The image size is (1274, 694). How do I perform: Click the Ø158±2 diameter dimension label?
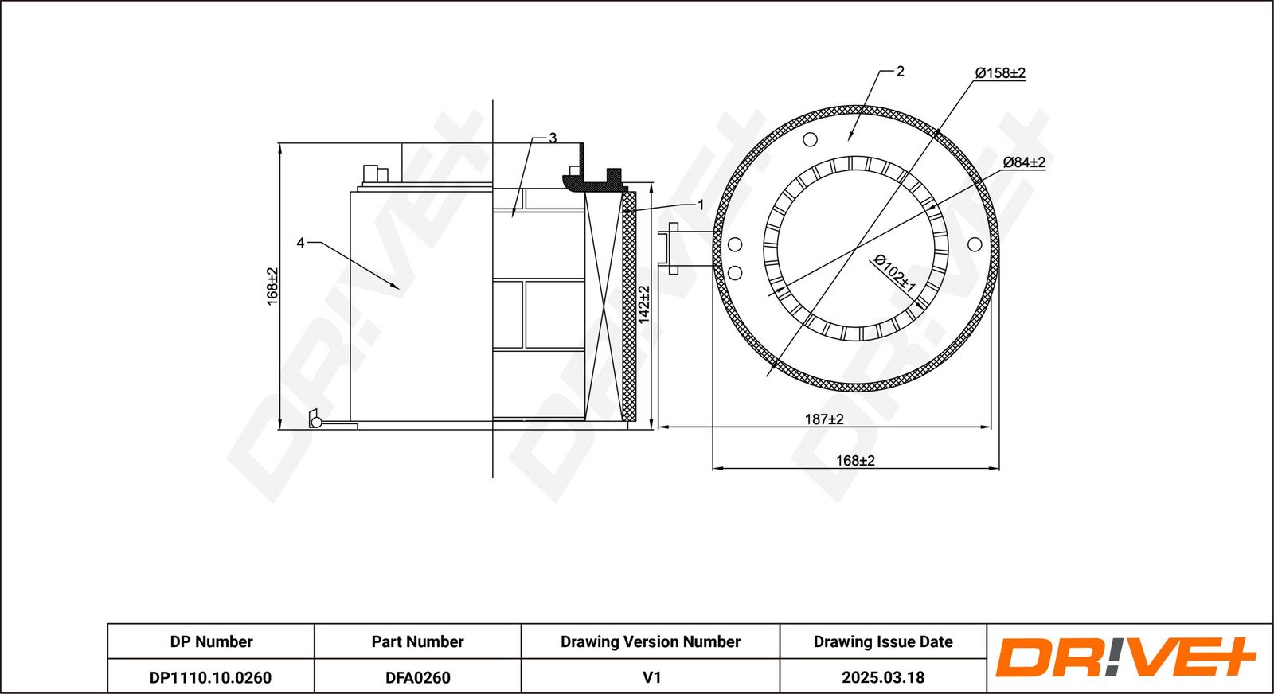tap(1000, 73)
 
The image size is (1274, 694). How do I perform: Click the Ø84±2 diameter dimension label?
tap(1024, 162)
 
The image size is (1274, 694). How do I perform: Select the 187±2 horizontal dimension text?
tap(823, 419)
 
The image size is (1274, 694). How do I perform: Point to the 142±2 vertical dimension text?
tap(644, 304)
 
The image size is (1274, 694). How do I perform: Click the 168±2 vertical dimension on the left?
tap(272, 286)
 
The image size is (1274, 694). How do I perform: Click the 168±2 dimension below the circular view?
tap(855, 460)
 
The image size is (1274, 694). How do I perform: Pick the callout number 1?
tap(701, 205)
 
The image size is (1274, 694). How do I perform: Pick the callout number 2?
tap(900, 72)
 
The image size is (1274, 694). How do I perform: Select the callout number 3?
tap(553, 138)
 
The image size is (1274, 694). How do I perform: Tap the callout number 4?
tap(300, 243)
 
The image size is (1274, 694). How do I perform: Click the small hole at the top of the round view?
tap(810, 140)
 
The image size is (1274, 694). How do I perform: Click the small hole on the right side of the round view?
tap(975, 244)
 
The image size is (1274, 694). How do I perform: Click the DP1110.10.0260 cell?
tap(210, 677)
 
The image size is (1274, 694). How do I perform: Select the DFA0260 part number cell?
tap(417, 677)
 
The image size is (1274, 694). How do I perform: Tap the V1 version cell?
tap(651, 677)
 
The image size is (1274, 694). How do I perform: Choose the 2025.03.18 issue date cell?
tap(882, 677)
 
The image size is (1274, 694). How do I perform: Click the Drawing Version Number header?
tap(650, 641)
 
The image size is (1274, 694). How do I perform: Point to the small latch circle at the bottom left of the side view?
tap(315, 422)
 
